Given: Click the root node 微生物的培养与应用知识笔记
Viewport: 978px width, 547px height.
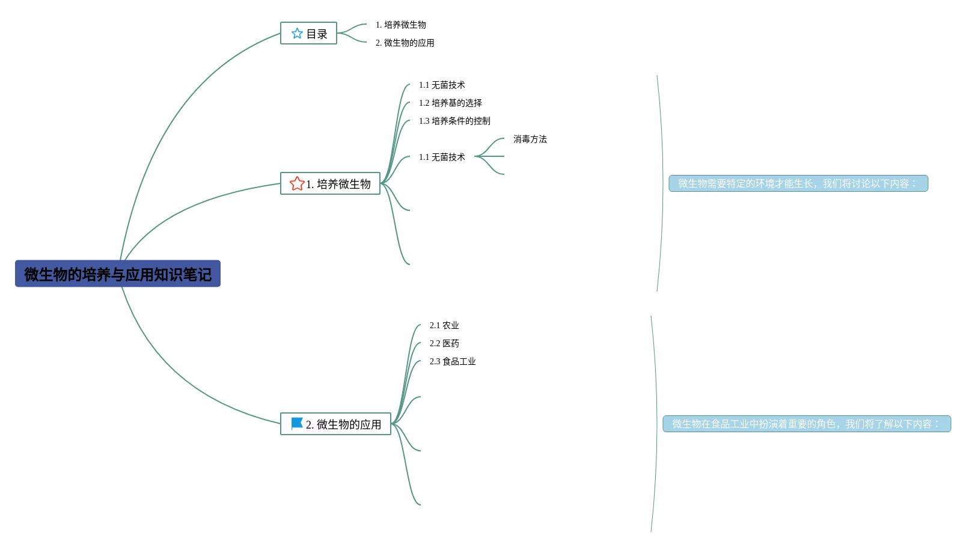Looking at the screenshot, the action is click(x=118, y=274).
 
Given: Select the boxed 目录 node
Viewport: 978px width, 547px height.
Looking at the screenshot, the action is click(x=308, y=34).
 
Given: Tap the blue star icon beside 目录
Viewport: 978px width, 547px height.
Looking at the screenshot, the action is click(x=297, y=34).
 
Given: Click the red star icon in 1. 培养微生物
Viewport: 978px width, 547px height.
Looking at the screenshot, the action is click(x=297, y=183).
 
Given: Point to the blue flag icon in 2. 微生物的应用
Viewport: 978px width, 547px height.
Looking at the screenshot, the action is click(x=297, y=424).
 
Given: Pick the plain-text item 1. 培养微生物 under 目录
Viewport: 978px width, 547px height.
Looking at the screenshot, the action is click(x=400, y=25).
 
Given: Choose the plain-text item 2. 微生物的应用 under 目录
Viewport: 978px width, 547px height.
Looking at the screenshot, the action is click(x=405, y=43).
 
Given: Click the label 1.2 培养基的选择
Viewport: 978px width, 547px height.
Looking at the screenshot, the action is click(x=450, y=103).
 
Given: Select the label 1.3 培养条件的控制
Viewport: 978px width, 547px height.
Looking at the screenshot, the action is click(x=454, y=121).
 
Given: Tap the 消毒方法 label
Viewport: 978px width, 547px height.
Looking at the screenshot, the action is click(x=530, y=139).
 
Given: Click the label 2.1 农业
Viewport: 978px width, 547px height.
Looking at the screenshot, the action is click(x=444, y=325).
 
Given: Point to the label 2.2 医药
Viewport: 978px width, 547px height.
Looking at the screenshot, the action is click(x=444, y=343).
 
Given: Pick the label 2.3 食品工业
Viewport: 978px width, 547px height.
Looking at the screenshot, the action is click(x=453, y=361).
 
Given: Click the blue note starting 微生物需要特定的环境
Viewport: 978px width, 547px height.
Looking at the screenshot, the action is click(x=798, y=183).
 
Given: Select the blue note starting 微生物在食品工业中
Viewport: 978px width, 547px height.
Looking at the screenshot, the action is click(x=807, y=424).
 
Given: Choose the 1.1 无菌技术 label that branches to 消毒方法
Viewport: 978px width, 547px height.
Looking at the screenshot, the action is click(x=442, y=157).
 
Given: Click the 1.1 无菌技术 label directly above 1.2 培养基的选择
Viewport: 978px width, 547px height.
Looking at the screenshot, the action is click(x=442, y=85).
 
